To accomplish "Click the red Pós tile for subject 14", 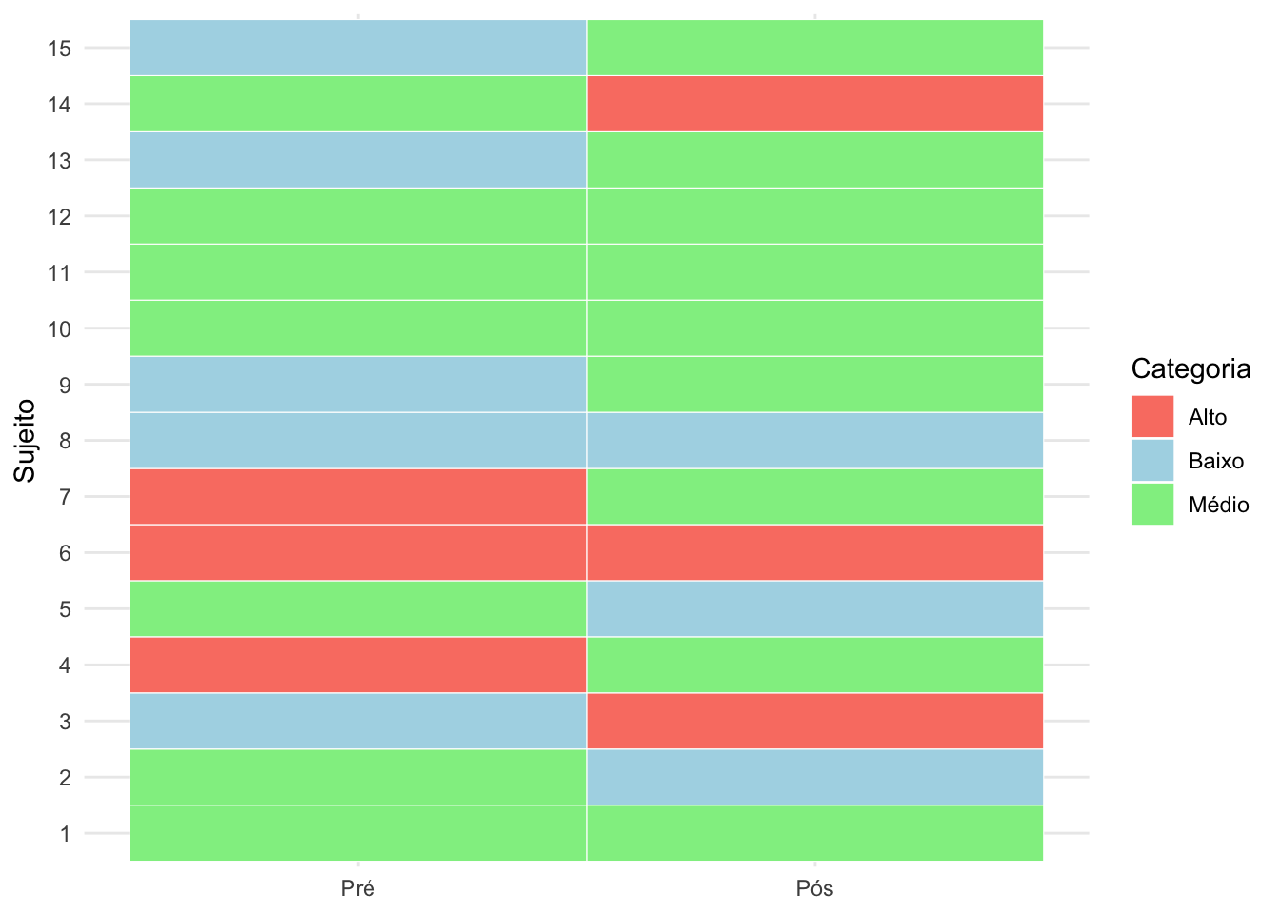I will coord(814,104).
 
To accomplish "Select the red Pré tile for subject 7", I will coord(358,496).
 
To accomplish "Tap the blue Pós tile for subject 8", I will coord(814,441).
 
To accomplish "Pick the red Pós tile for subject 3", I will coord(814,721).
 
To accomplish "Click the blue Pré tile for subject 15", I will coord(358,48).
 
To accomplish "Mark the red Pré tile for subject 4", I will coord(358,665).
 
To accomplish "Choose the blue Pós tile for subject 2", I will coord(814,777).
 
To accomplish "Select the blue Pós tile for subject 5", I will coord(814,608).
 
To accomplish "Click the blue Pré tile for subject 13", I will coord(358,160).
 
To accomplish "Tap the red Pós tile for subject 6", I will coord(814,552).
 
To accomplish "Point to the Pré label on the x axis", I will coord(358,889).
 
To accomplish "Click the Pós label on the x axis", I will coord(814,889).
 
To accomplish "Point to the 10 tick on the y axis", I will coord(59,329).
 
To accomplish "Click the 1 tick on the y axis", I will coord(65,834).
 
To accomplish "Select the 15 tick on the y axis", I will coord(59,49).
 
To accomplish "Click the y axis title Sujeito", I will coord(25,441).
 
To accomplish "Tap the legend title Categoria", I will coord(1190,368).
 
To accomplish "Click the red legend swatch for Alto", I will coord(1152,417).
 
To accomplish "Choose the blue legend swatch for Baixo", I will coord(1152,461).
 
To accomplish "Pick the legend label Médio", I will coord(1218,505).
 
